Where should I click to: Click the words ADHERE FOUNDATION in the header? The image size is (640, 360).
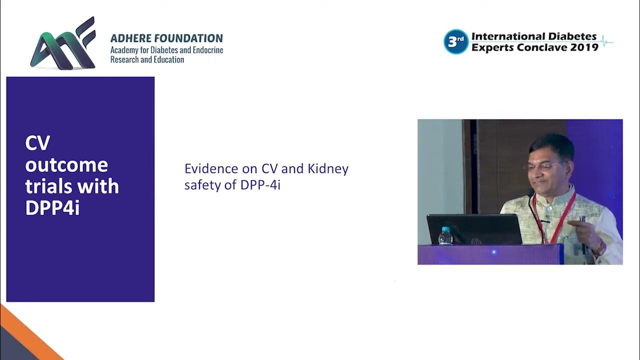[x=166, y=38]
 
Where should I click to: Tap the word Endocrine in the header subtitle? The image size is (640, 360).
[x=204, y=50]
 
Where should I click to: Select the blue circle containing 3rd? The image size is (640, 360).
[x=455, y=41]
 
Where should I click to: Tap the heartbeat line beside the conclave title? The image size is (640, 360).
[x=606, y=41]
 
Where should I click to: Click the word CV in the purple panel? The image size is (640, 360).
[x=37, y=143]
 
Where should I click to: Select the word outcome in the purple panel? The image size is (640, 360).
[x=66, y=165]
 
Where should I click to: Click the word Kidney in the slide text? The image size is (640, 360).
[x=327, y=169]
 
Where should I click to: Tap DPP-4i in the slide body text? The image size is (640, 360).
[x=260, y=185]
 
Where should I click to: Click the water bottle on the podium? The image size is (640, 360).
[x=445, y=236]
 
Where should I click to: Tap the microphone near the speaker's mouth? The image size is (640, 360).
[x=530, y=193]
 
